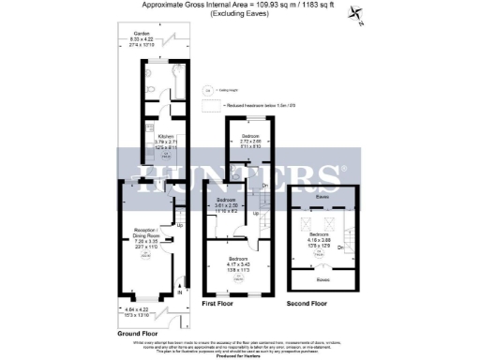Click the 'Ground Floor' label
click(137, 333)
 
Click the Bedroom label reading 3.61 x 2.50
click(228, 206)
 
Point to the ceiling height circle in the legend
click(209, 92)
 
